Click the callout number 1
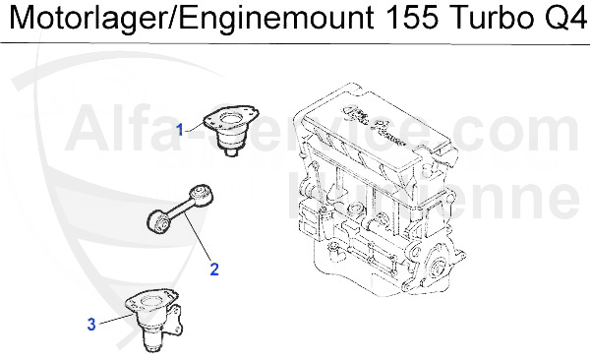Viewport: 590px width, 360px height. (x=180, y=129)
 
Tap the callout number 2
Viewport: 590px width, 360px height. (x=212, y=266)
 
